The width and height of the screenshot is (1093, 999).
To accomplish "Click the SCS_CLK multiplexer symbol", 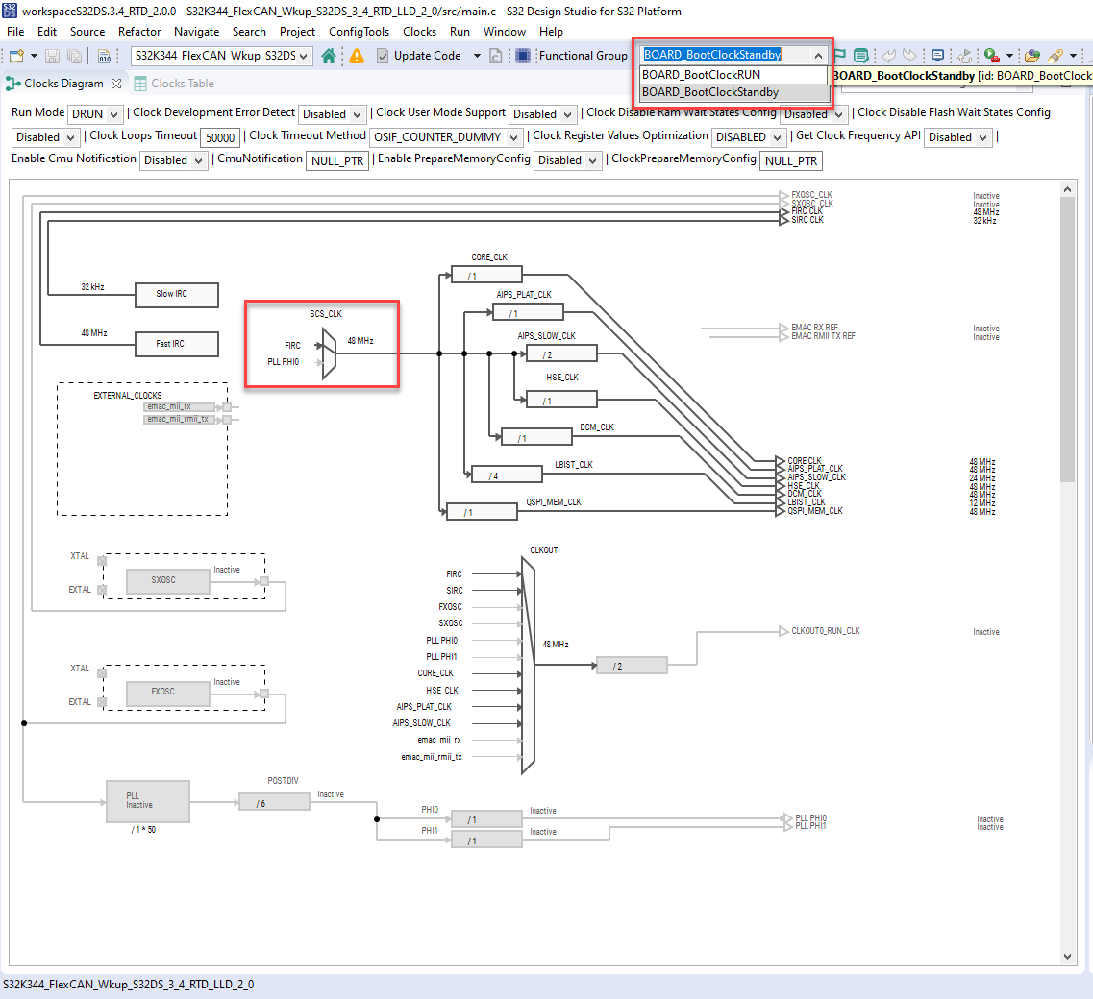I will pyautogui.click(x=329, y=353).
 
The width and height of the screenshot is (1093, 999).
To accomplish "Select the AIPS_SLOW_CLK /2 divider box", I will pyautogui.click(x=561, y=354).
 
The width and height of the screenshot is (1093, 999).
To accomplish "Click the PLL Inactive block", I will pyautogui.click(x=147, y=801).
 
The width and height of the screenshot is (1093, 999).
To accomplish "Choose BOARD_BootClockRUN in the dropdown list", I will pyautogui.click(x=702, y=75).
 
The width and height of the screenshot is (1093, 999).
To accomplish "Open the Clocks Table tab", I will pyautogui.click(x=182, y=84).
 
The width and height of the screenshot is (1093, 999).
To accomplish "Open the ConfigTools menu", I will pyautogui.click(x=359, y=32).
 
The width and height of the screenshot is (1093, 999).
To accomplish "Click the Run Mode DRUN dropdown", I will pyautogui.click(x=94, y=114).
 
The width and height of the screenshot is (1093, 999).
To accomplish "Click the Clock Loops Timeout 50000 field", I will pyautogui.click(x=221, y=137).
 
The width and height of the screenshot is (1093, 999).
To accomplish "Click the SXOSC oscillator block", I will pyautogui.click(x=165, y=581).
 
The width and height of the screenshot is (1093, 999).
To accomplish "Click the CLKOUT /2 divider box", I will pyautogui.click(x=632, y=666).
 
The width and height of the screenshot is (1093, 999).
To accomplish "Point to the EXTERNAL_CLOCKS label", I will pyautogui.click(x=127, y=396).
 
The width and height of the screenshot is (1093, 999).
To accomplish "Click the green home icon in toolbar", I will pyautogui.click(x=329, y=56).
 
